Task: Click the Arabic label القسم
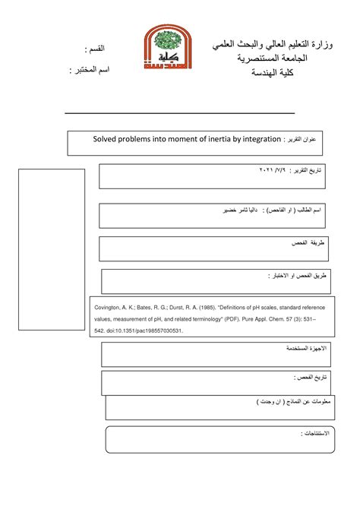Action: click(96, 49)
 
